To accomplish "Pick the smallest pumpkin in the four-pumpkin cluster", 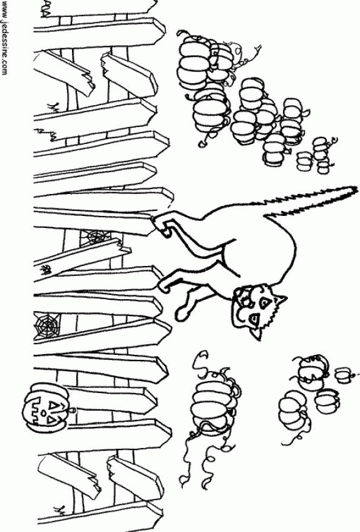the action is pyautogui.click(x=343, y=376).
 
